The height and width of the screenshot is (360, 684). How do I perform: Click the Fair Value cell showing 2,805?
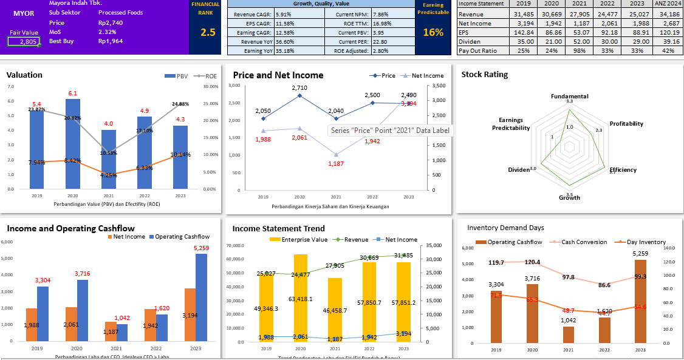[23, 41]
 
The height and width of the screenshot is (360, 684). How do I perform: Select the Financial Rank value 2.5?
[208, 33]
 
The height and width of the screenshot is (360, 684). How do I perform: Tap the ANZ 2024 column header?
[667, 4]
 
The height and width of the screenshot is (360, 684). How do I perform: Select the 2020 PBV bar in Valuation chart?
[73, 143]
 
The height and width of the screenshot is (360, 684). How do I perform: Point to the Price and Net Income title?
[278, 75]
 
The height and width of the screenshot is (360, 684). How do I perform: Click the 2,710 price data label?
[299, 88]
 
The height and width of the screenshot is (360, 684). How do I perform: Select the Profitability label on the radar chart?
[626, 124]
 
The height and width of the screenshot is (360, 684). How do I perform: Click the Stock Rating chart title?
[484, 75]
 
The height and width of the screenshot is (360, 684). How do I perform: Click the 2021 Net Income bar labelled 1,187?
[110, 331]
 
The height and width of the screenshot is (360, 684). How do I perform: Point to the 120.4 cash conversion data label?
[532, 262]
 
